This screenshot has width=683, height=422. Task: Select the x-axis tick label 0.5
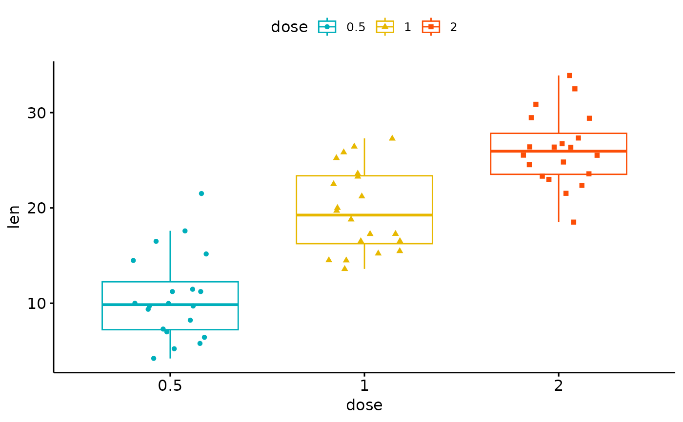tap(170, 387)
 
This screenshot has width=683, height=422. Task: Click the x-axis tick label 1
tap(363, 387)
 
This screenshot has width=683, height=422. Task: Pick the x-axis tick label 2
tap(559, 387)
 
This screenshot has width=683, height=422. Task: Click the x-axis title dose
tap(364, 405)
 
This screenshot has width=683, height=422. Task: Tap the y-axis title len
tap(15, 217)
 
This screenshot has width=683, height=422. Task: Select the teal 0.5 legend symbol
tap(327, 27)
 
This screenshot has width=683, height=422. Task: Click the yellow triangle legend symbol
tap(385, 27)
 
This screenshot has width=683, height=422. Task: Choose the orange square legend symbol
tap(431, 27)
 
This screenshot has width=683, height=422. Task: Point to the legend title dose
tap(289, 27)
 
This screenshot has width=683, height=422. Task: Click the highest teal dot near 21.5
tap(201, 193)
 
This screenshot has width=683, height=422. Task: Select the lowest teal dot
tap(154, 358)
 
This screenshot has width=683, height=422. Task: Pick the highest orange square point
tap(569, 76)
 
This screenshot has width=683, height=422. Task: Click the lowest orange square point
tap(574, 222)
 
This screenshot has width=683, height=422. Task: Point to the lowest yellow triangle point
tap(344, 268)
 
